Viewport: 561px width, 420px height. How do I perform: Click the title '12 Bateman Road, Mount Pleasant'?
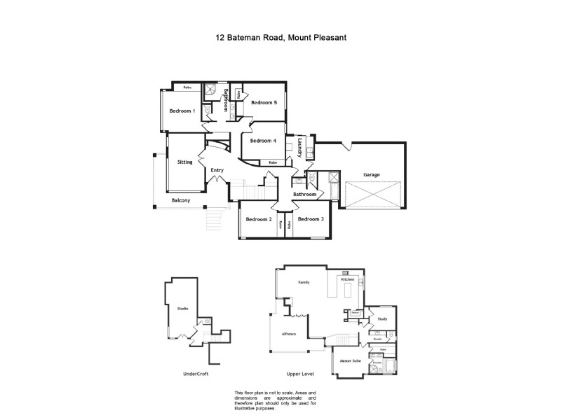pyautogui.click(x=280, y=40)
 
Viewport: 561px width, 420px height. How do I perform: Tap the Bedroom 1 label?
pyautogui.click(x=182, y=111)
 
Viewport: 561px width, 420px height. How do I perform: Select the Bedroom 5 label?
pyautogui.click(x=264, y=103)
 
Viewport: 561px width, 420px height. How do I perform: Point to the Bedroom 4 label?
pyautogui.click(x=264, y=141)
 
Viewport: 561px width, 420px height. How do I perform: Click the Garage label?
pyautogui.click(x=371, y=174)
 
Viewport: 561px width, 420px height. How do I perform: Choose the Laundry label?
pyautogui.click(x=299, y=147)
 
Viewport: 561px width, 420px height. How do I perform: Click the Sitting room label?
pyautogui.click(x=184, y=162)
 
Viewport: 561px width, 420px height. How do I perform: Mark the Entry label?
pyautogui.click(x=217, y=170)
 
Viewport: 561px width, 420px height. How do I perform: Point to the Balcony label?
pyautogui.click(x=181, y=201)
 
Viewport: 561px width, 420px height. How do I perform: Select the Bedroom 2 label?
pyautogui.click(x=258, y=219)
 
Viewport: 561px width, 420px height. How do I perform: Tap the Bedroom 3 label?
pyautogui.click(x=310, y=219)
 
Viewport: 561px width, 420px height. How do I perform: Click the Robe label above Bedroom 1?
pyautogui.click(x=187, y=87)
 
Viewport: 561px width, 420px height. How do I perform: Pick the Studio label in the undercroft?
pyautogui.click(x=182, y=309)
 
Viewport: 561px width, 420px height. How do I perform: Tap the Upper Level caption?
pyautogui.click(x=298, y=374)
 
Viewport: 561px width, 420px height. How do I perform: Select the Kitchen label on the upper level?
pyautogui.click(x=348, y=279)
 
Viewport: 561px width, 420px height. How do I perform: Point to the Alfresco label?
pyautogui.click(x=288, y=335)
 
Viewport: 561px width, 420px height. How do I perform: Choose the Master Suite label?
pyautogui.click(x=351, y=360)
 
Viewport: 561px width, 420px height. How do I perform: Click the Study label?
pyautogui.click(x=382, y=319)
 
